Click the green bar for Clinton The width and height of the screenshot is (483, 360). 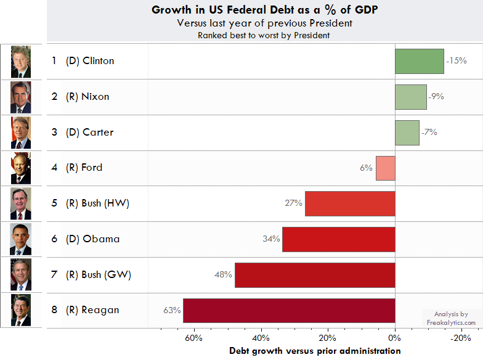click(419, 61)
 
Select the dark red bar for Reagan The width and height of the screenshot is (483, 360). click(289, 310)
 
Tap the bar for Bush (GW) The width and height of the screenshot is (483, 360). click(315, 275)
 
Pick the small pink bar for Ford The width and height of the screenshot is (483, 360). click(386, 168)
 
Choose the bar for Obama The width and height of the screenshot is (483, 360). click(338, 239)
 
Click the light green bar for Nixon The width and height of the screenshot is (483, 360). click(410, 97)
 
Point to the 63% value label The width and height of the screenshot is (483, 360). click(171, 310)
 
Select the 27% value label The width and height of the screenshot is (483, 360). click(293, 203)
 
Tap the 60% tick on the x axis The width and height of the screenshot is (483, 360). click(194, 338)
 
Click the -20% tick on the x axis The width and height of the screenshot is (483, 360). click(461, 338)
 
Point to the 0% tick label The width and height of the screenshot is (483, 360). click(395, 338)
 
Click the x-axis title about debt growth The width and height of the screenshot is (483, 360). click(315, 351)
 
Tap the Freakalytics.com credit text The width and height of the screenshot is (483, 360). click(451, 322)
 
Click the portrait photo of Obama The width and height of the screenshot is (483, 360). click(20, 239)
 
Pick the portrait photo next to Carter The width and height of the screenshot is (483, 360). click(20, 133)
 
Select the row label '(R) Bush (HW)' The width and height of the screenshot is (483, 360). click(97, 203)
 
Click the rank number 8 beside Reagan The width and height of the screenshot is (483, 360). click(54, 310)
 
